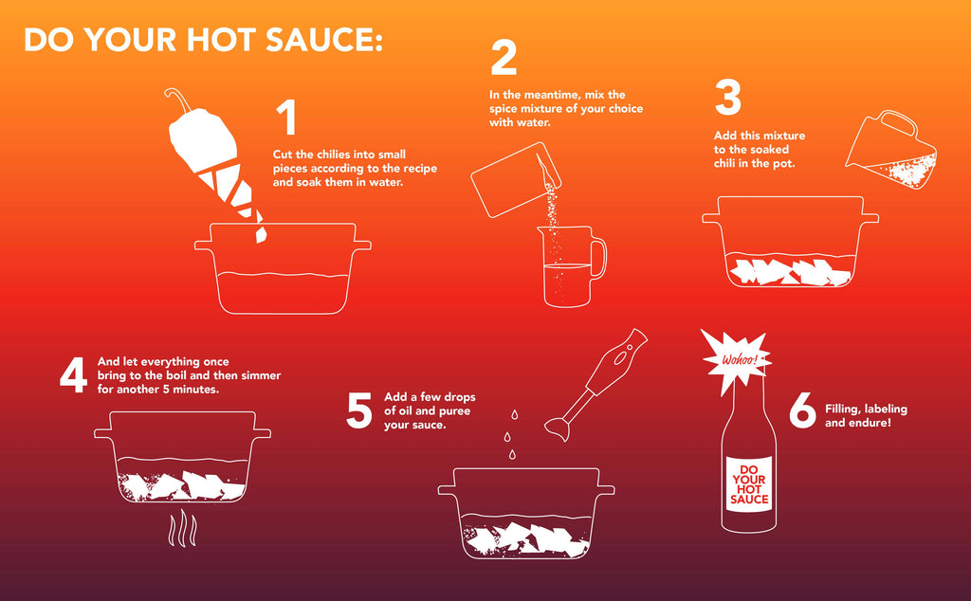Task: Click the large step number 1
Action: click(285, 118)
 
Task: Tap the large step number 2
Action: click(504, 59)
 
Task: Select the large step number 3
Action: click(728, 98)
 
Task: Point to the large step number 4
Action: click(73, 375)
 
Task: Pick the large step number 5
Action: click(358, 410)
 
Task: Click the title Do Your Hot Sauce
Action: click(203, 39)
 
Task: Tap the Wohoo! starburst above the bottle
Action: click(737, 359)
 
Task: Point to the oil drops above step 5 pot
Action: click(510, 435)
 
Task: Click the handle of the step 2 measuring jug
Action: click(598, 258)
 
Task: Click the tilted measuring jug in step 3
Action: click(890, 152)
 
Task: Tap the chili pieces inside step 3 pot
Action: click(788, 271)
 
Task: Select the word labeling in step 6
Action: click(886, 409)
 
